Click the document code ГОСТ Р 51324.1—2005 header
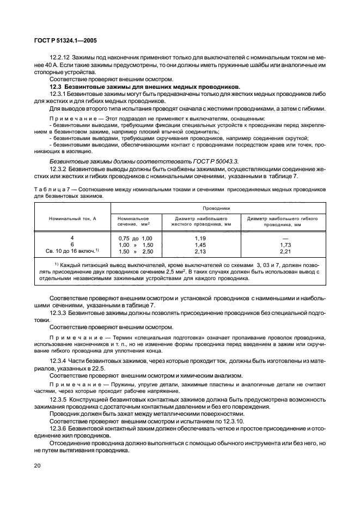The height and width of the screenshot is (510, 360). (65, 40)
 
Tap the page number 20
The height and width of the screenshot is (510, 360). (38, 465)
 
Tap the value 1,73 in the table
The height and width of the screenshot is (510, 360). (282, 245)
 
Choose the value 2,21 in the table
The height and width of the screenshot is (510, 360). (282, 252)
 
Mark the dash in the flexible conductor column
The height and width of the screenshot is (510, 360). (282, 238)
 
